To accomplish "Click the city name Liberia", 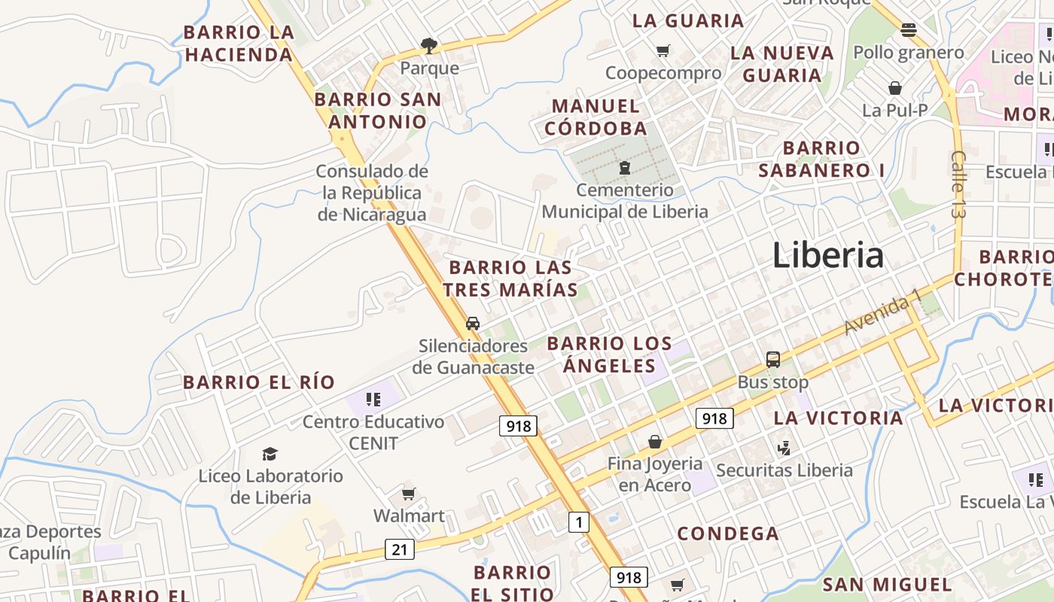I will pos(827,255).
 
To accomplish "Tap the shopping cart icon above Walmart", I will pos(408,494).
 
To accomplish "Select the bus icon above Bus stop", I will pos(772,360).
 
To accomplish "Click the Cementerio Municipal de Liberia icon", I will pos(624,168).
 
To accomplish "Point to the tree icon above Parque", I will pos(429,46).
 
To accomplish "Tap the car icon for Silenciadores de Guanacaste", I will pos(473,324).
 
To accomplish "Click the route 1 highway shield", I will pos(578,521).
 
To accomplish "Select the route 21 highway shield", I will pos(399,549).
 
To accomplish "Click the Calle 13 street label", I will pos(958,184).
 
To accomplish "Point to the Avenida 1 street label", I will pos(882,312).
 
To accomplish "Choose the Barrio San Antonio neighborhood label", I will pos(378,111).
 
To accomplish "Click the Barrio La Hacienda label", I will pos(239,44).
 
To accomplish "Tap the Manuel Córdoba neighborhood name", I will pos(596,117).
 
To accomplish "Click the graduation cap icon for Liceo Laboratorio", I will pos(270,454).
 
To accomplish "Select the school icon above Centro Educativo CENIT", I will pos(373,399).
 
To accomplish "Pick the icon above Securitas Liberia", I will pos(784,448).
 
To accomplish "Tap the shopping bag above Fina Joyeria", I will pos(655,442).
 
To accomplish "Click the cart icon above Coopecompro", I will pos(663,51).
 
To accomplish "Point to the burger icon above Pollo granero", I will pos(909,30).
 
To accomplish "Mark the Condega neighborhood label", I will pos(728,534).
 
